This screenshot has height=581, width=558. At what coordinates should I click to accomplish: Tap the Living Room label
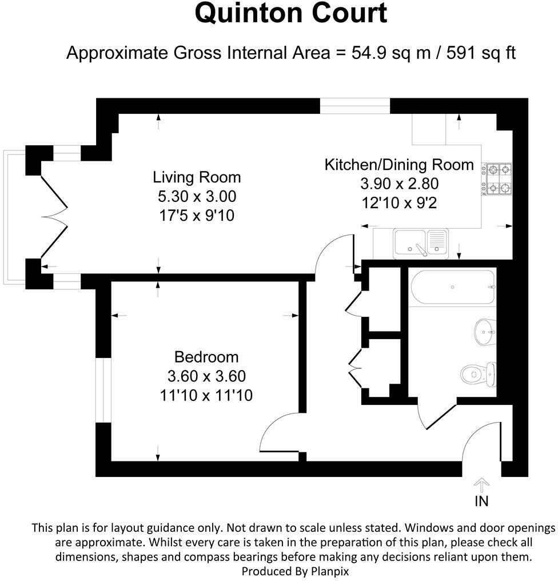point(197,177)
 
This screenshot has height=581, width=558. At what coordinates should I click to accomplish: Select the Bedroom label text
point(206,357)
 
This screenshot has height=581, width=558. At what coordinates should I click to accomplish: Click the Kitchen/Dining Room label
point(399,165)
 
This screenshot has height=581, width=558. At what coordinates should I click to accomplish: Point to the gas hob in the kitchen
point(497,178)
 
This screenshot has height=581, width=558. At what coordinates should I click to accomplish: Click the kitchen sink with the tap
point(421,242)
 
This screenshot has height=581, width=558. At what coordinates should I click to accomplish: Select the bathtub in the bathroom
point(452,287)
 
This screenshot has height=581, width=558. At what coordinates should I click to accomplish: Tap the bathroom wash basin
point(485,331)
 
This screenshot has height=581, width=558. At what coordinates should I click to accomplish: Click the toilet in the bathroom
point(477,373)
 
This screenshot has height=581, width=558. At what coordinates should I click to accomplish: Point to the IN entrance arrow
point(481,486)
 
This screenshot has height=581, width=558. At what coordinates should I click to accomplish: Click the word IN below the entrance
point(481,502)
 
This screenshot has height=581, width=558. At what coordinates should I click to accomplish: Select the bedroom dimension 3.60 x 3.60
point(206,376)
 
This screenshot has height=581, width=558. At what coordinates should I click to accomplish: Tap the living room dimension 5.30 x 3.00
point(197,196)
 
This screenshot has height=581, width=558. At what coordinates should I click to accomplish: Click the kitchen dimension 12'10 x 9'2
point(399,203)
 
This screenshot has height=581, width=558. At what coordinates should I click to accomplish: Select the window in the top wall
point(354,106)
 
